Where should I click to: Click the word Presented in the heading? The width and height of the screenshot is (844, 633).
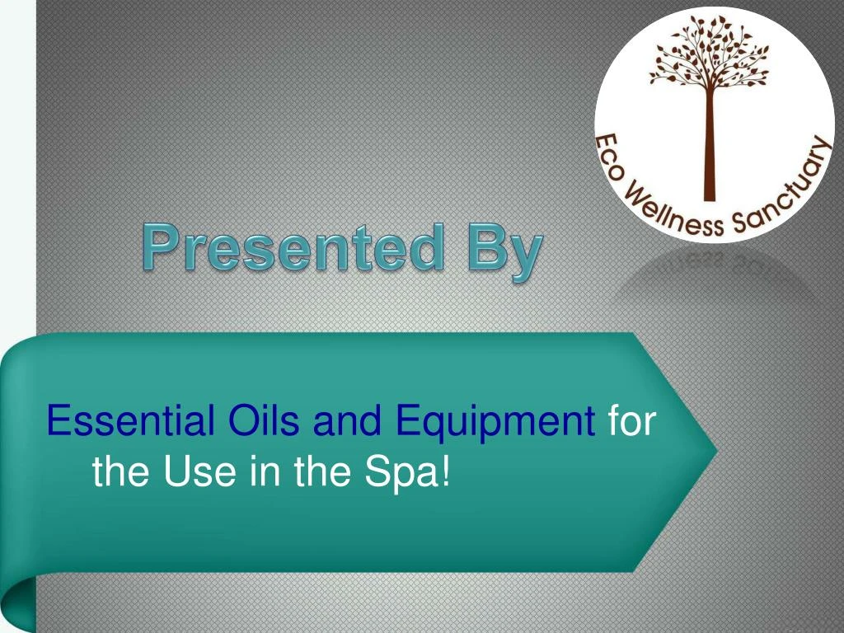(294, 247)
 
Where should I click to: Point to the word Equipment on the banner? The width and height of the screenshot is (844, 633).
(495, 424)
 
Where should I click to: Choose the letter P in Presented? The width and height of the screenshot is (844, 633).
(161, 247)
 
